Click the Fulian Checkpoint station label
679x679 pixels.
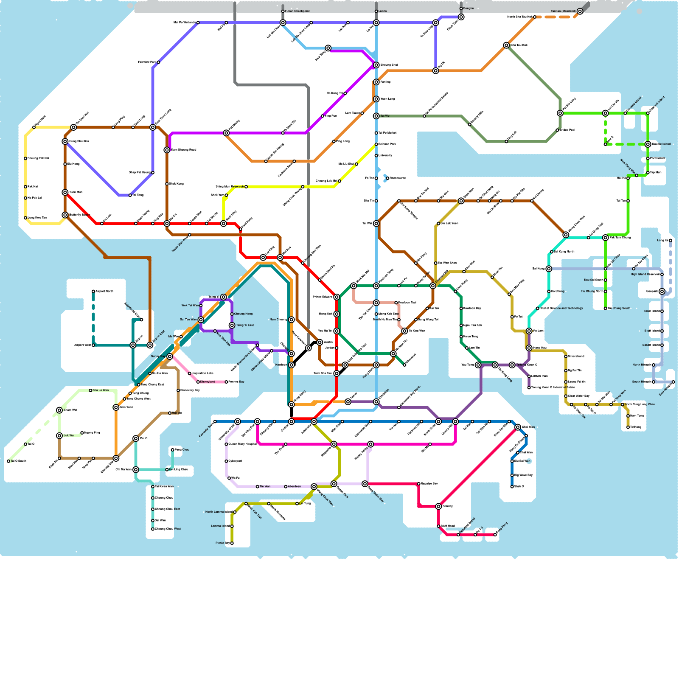click(297, 11)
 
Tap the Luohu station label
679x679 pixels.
click(383, 11)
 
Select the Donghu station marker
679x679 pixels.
click(461, 8)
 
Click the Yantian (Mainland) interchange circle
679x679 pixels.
click(580, 11)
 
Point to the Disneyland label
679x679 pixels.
click(208, 382)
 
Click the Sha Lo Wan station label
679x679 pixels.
click(101, 390)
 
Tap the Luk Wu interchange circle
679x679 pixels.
click(59, 436)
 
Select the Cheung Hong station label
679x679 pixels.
click(243, 314)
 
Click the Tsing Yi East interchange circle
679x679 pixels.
click(232, 325)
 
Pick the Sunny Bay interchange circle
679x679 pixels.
click(170, 356)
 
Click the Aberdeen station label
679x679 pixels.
click(294, 487)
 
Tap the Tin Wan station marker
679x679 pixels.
click(258, 487)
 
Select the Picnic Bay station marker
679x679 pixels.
click(232, 543)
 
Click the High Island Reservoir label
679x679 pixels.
click(645, 275)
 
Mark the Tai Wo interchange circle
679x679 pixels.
click(376, 116)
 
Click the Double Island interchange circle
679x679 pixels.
click(648, 144)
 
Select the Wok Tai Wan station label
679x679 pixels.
click(190, 306)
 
